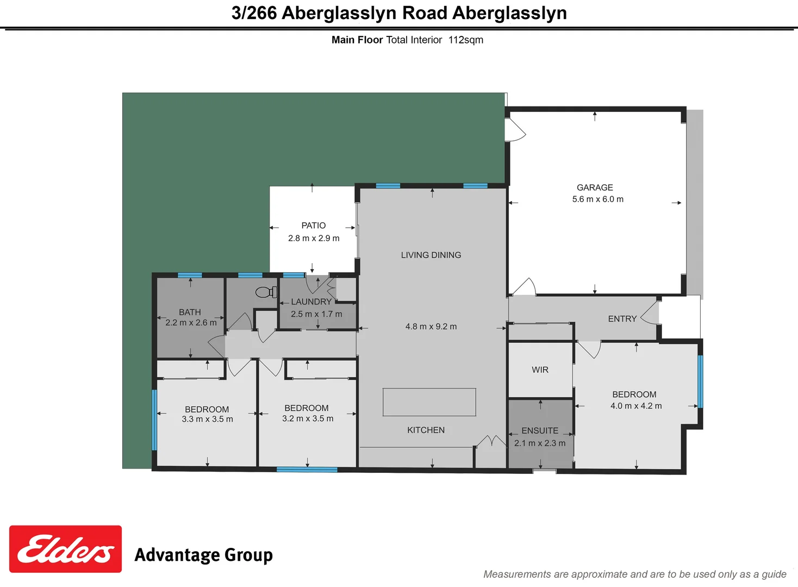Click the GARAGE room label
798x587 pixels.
[595, 188]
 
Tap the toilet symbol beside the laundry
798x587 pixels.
[266, 292]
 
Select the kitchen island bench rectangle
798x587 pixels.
[429, 402]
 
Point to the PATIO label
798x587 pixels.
[314, 226]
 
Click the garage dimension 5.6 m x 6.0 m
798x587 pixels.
[597, 199]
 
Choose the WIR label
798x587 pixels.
[540, 370]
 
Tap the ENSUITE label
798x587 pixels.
[540, 430]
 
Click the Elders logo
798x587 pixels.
[65, 549]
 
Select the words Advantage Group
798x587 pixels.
[203, 555]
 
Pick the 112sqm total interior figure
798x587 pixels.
[466, 40]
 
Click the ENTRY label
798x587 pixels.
[622, 319]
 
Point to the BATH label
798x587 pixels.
[190, 312]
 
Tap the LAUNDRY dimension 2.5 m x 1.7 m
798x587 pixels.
[316, 314]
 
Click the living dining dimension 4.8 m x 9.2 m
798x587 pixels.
[431, 327]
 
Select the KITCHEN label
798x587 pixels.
[426, 430]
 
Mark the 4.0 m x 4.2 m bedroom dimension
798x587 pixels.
[636, 406]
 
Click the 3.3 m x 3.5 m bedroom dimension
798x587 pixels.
[207, 419]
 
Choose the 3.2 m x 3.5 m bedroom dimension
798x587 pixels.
[308, 419]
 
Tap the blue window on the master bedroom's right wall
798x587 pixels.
[700, 382]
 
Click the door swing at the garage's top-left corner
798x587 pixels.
[515, 130]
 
